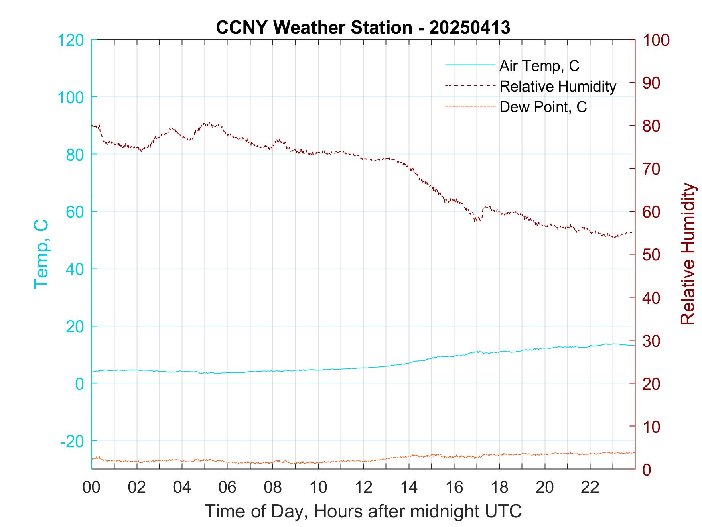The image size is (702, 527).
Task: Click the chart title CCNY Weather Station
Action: coord(314,27)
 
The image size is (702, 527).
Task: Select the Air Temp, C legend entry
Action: coord(539,65)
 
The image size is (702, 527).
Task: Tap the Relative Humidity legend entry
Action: coord(558,86)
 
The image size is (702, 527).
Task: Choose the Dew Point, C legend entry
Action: coord(543,107)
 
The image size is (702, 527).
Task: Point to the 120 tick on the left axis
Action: coord(71,40)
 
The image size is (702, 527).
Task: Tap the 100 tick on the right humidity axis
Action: coord(656,40)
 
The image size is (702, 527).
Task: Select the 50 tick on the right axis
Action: coord(652,254)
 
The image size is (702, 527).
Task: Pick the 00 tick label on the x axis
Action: coord(91,487)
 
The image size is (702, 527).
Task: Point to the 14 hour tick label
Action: coord(409,487)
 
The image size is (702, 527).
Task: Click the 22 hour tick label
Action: coord(590,487)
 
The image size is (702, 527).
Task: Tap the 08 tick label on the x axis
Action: coord(273,487)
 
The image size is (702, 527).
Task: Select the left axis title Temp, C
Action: coord(41,254)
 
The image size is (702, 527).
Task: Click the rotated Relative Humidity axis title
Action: coord(687,254)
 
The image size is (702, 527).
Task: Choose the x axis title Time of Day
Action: coord(363,511)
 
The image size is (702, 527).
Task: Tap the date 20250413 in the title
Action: coord(470,27)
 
